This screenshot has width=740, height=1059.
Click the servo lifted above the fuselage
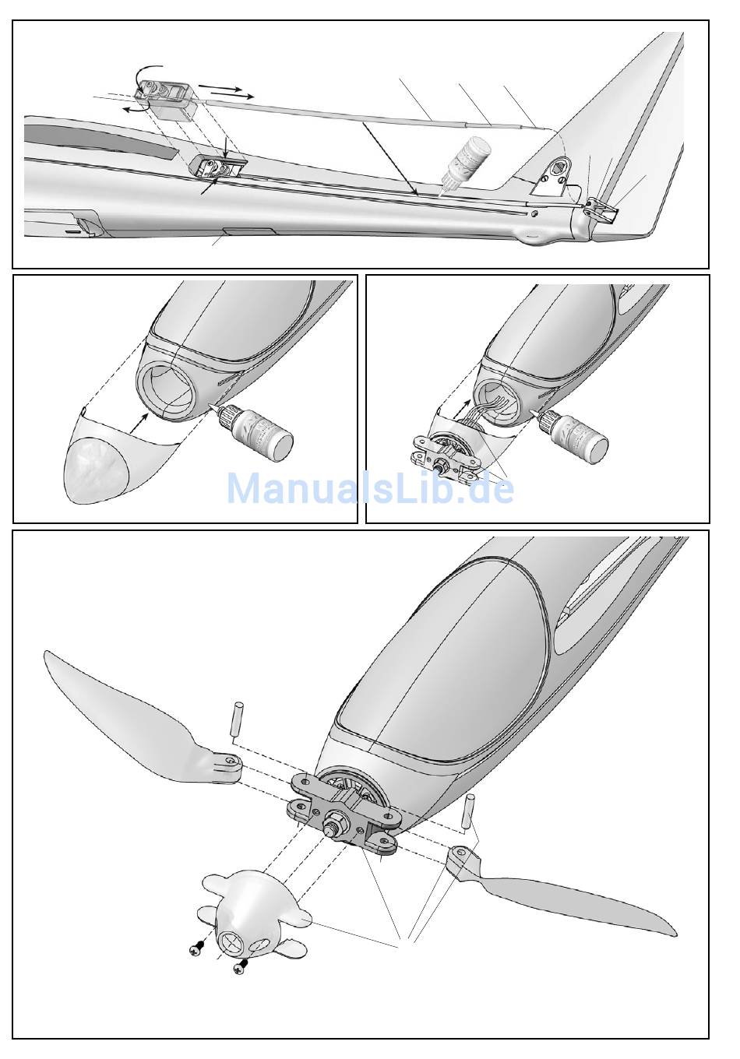click(167, 100)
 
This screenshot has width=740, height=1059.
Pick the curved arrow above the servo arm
click(147, 77)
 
